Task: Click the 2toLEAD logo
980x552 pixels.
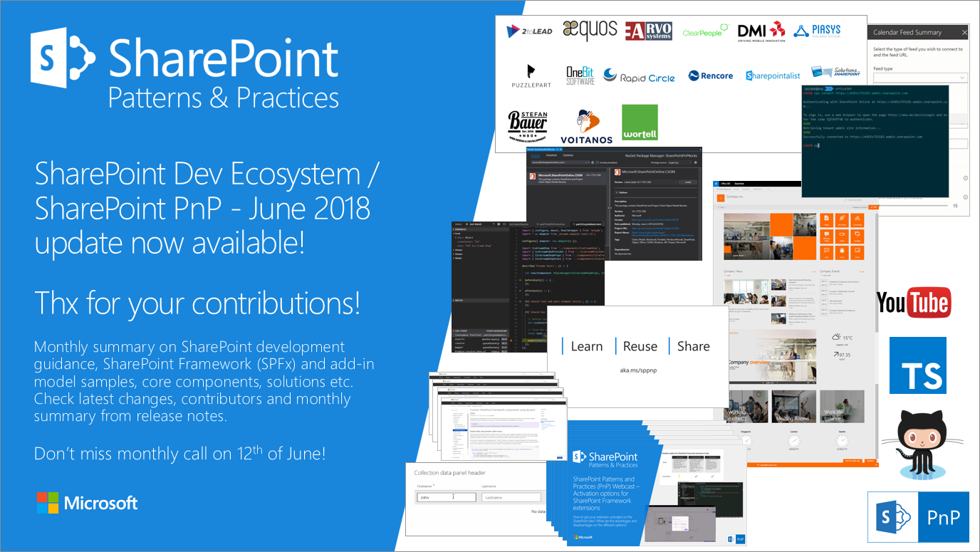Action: pyautogui.click(x=528, y=31)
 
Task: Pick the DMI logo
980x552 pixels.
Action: pyautogui.click(x=761, y=31)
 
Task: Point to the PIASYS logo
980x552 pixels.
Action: pyautogui.click(x=817, y=31)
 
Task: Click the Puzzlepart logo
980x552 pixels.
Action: pyautogui.click(x=530, y=75)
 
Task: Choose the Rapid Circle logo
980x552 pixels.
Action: pyautogui.click(x=639, y=75)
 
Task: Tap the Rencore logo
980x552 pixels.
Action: pyautogui.click(x=710, y=75)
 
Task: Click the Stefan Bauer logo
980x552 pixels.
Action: pyautogui.click(x=528, y=127)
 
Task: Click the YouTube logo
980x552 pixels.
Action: pyautogui.click(x=913, y=303)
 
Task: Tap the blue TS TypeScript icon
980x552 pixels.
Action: pyautogui.click(x=918, y=365)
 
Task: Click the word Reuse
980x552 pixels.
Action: pyautogui.click(x=640, y=346)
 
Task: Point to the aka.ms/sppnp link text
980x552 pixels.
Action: pyautogui.click(x=637, y=372)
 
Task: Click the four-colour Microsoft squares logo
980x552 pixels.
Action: pyautogui.click(x=47, y=503)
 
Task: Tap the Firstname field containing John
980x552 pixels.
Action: pyautogui.click(x=446, y=497)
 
